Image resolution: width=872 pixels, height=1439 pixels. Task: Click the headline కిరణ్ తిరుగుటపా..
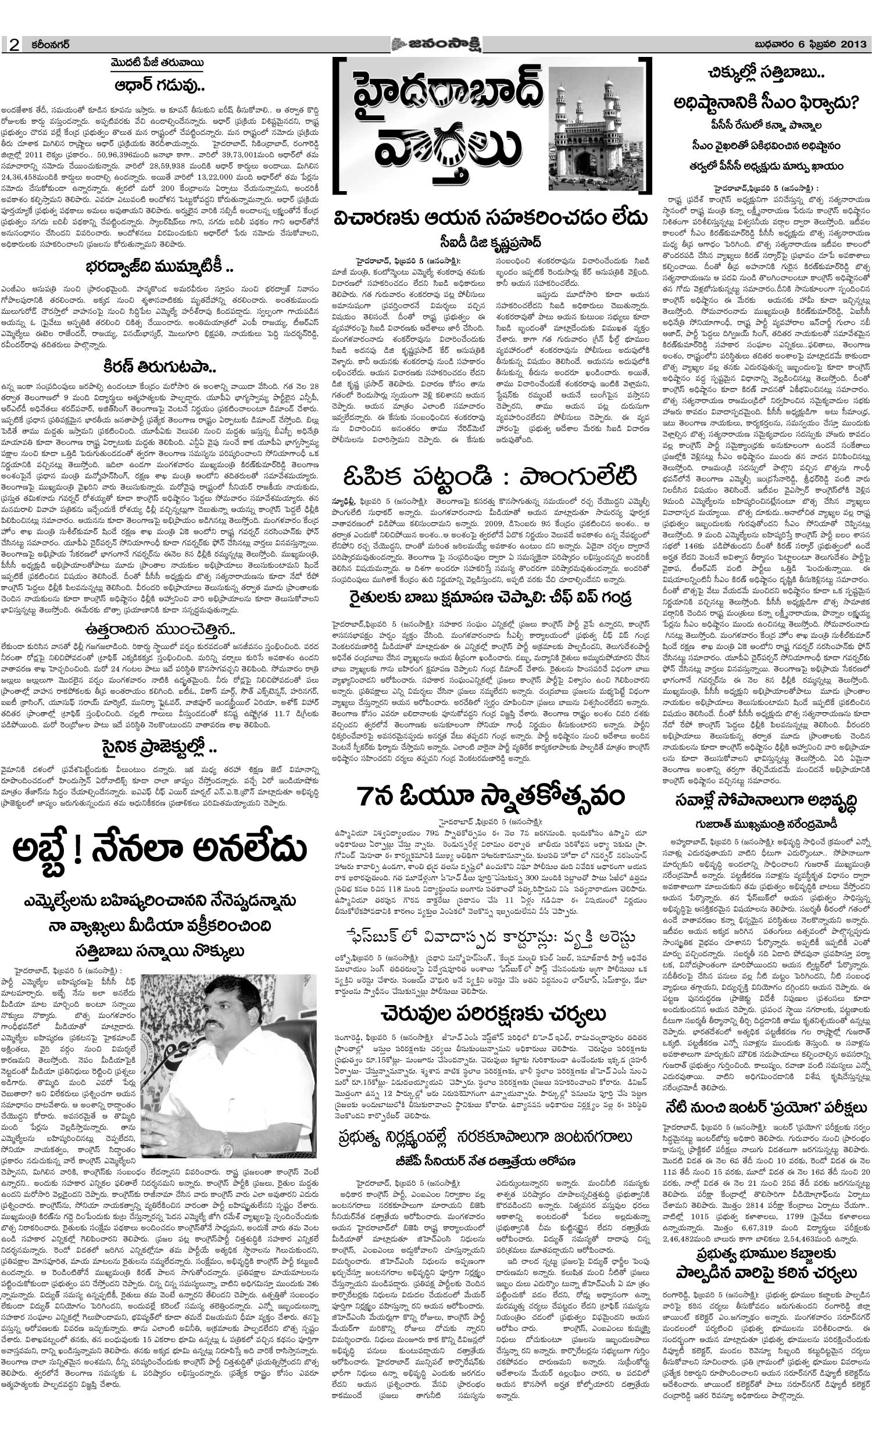(x=159, y=367)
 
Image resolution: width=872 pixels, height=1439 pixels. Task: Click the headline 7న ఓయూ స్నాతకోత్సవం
(x=489, y=796)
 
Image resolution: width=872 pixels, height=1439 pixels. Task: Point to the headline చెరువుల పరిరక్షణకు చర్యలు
(x=489, y=1014)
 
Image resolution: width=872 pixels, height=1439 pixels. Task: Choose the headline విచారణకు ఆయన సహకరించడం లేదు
(x=489, y=218)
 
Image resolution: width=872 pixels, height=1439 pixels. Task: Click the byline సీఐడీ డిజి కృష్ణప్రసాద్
(x=489, y=242)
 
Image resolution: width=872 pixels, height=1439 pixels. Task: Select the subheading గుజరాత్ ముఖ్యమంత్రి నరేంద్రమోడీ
(x=766, y=824)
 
